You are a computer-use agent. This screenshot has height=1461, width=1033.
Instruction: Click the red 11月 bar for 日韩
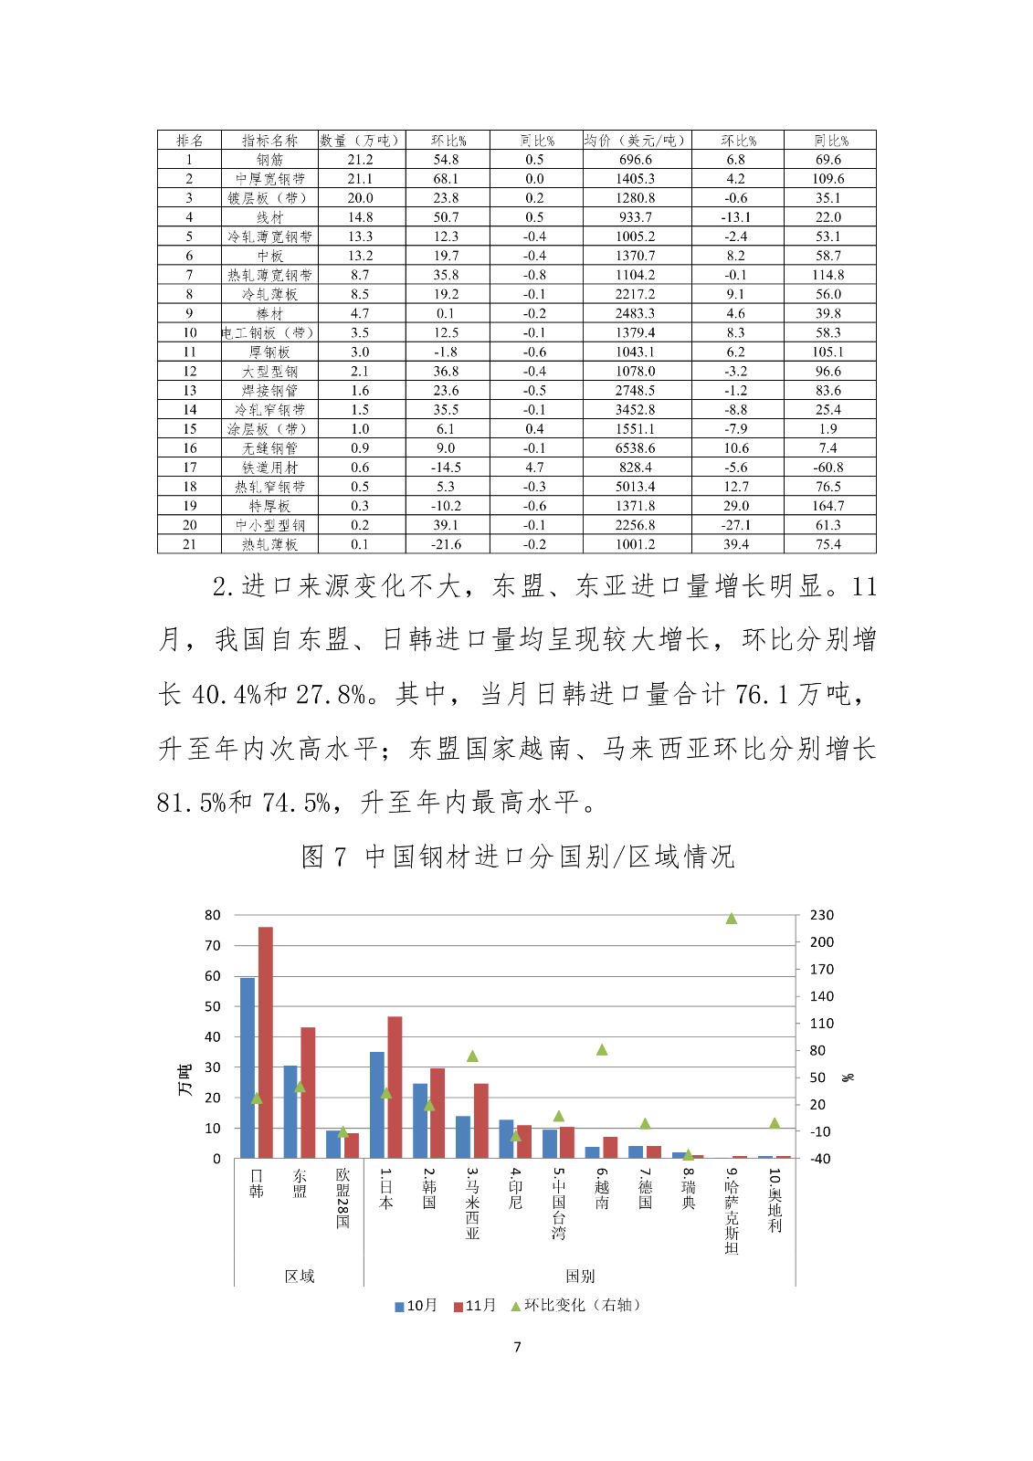pyautogui.click(x=266, y=1042)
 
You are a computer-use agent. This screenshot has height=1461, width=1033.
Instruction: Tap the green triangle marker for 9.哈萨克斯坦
pyautogui.click(x=732, y=919)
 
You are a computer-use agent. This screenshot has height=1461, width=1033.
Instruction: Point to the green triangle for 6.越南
pyautogui.click(x=602, y=1050)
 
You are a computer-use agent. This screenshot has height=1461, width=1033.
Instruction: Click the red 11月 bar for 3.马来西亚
pyautogui.click(x=481, y=1120)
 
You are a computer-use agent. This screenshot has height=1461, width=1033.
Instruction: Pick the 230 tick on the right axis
pyautogui.click(x=822, y=915)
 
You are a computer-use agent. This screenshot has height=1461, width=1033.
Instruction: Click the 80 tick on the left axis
pyautogui.click(x=213, y=915)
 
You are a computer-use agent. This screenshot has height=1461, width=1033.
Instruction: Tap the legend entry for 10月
pyautogui.click(x=416, y=1305)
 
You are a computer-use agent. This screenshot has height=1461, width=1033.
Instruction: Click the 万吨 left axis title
pyautogui.click(x=185, y=1080)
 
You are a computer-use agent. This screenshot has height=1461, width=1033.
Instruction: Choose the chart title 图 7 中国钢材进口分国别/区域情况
pyautogui.click(x=518, y=857)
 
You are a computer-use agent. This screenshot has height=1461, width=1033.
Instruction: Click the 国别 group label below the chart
pyautogui.click(x=580, y=1276)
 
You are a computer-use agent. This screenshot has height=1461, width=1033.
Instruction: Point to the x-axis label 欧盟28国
pyautogui.click(x=343, y=1198)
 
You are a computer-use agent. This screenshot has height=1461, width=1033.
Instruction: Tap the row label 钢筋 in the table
pyautogui.click(x=269, y=160)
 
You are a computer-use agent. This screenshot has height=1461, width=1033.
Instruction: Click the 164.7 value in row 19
pyautogui.click(x=828, y=506)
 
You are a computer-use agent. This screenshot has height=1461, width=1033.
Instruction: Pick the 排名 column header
pyautogui.click(x=189, y=140)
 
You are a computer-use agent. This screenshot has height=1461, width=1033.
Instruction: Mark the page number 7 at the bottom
pyautogui.click(x=518, y=1347)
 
